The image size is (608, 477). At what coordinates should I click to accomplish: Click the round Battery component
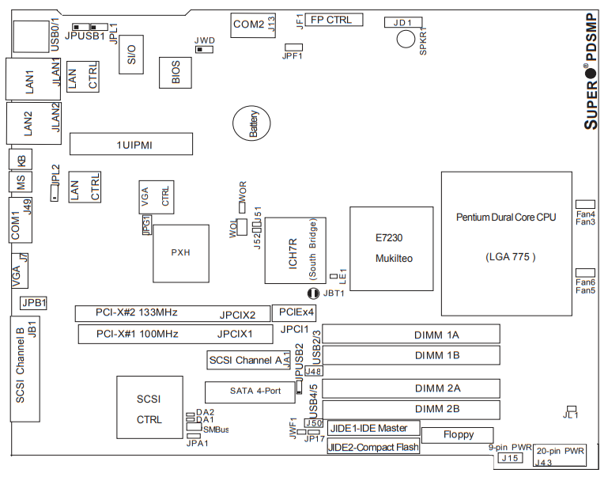(251, 125)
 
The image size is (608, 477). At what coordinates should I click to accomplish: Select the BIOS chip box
(175, 73)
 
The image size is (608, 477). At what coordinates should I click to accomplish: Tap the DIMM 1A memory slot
(410, 334)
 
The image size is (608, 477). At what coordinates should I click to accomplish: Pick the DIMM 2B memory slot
(410, 409)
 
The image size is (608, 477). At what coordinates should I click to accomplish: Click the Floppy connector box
(459, 434)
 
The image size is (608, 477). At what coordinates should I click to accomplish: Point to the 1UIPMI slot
(130, 144)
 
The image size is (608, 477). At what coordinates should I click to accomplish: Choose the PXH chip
(181, 253)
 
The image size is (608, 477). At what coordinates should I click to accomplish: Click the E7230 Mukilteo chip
(393, 248)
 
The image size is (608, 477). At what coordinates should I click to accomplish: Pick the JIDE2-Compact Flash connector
(372, 446)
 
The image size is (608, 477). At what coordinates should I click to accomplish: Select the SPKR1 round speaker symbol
(406, 38)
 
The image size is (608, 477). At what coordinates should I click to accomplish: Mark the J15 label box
(511, 457)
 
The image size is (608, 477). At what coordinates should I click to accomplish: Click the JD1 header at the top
(403, 21)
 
